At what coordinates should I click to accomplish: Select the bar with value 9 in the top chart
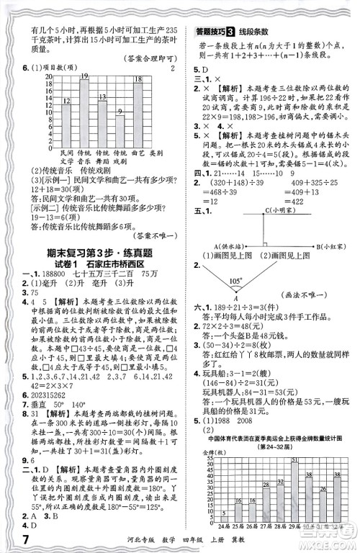[120, 130]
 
